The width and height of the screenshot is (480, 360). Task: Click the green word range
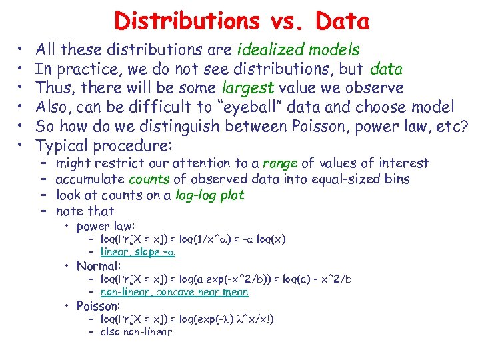281,163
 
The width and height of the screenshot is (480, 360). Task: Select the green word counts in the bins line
149,179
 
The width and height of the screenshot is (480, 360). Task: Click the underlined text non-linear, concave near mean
174,292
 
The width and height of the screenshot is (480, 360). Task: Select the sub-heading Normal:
97,266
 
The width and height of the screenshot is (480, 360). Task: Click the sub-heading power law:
105,226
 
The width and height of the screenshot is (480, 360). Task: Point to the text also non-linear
136,332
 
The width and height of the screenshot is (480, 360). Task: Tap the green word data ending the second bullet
386,69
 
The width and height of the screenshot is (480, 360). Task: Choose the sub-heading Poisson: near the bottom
98,306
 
